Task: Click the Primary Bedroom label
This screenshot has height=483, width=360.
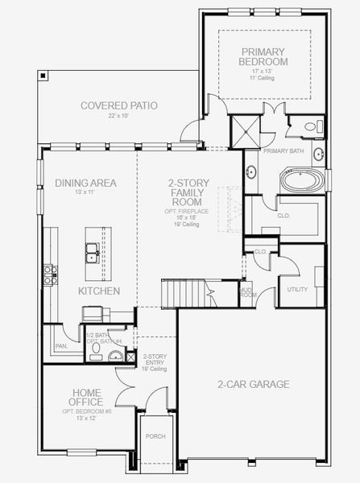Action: click(x=265, y=56)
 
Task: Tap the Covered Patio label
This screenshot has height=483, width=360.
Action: click(x=118, y=105)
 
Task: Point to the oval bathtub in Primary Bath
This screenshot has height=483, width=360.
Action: click(x=304, y=179)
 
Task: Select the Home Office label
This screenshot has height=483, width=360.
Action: click(x=85, y=397)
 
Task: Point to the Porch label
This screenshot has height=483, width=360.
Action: click(x=155, y=436)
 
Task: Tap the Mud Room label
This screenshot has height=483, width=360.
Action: click(x=247, y=293)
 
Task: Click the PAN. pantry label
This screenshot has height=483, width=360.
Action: click(x=61, y=346)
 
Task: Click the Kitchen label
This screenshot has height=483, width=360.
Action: click(x=99, y=291)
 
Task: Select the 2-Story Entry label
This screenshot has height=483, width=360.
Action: click(x=155, y=361)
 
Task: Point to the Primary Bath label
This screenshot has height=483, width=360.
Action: click(x=283, y=150)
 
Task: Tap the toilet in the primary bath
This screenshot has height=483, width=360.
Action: click(x=314, y=126)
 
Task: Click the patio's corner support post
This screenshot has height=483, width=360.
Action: click(x=43, y=74)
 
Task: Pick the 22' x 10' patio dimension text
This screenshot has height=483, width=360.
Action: click(x=118, y=117)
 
